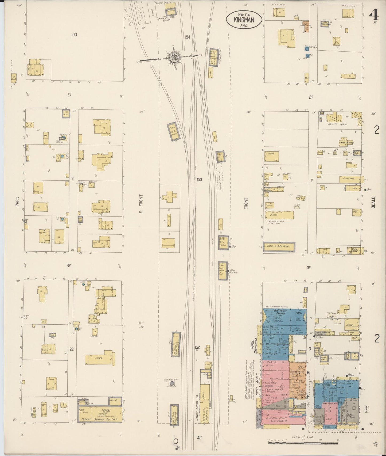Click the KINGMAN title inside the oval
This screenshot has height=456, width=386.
[x=244, y=20]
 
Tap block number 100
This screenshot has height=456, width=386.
[x=74, y=35]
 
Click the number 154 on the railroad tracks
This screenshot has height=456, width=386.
[x=187, y=37]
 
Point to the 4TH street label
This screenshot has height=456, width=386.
[x=199, y=446]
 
